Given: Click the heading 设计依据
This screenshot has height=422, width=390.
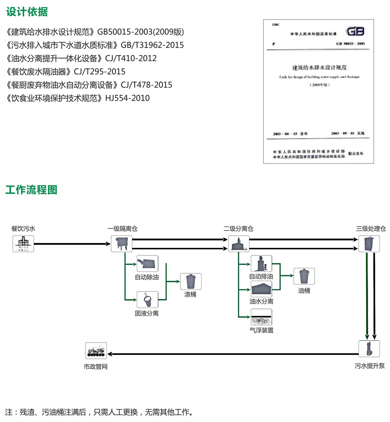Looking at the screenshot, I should [27, 12].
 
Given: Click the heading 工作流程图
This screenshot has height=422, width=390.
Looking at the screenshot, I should [31, 190].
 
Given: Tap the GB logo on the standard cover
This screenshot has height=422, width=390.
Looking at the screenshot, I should [355, 31].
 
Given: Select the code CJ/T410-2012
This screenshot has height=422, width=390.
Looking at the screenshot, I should [131, 58].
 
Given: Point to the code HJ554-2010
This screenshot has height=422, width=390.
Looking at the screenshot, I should [127, 98].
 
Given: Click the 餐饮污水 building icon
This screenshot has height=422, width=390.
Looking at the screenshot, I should [23, 244].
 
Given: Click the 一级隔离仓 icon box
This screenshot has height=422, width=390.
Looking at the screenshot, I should [122, 244].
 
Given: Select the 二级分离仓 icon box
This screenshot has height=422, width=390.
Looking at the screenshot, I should [239, 244].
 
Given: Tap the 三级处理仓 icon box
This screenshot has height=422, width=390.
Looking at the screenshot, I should [369, 244].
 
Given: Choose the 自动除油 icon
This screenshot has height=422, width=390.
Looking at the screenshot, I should [147, 264].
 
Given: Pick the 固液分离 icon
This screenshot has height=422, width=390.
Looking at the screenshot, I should [147, 299].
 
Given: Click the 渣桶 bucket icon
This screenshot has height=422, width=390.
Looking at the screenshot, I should [191, 281].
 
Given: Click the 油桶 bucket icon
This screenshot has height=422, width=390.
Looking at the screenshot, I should [304, 276].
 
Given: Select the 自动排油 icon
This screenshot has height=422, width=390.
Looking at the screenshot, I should [261, 264].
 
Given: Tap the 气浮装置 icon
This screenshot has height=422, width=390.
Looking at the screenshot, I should [261, 317].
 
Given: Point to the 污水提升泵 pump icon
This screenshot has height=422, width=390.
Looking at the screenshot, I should [369, 348].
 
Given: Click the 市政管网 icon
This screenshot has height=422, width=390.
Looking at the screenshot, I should [96, 351].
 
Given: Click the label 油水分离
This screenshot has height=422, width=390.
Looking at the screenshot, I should [261, 301].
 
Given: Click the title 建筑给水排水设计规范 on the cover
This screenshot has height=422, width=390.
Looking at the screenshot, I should [319, 68].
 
